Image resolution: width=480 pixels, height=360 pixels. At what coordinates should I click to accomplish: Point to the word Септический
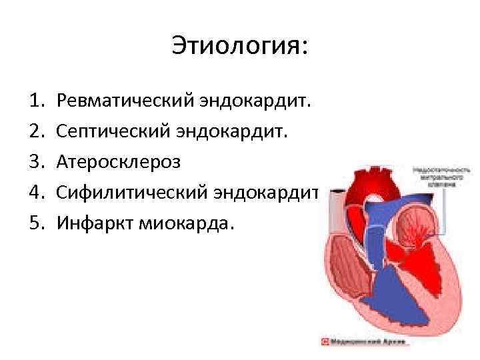coord(113,131)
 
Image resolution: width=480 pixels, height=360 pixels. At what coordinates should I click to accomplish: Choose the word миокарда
coord(187,223)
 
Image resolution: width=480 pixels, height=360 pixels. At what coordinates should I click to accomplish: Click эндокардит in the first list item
coord(254,101)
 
